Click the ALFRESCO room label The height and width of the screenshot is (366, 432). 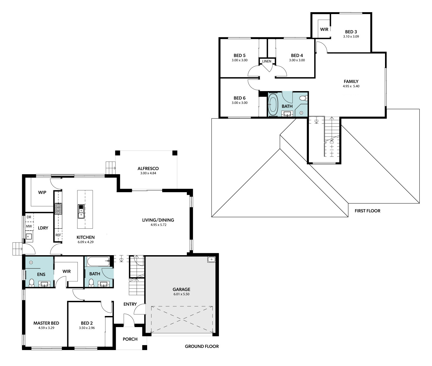(148, 168)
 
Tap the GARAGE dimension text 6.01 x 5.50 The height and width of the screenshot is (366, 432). (181, 294)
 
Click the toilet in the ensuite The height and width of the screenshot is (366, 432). (32, 282)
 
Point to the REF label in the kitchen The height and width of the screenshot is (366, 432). (58, 235)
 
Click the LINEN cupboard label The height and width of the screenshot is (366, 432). (267, 61)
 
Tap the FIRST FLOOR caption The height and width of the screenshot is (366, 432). (367, 211)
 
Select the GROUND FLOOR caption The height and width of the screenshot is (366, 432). (202, 346)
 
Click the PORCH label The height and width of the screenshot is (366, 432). (130, 339)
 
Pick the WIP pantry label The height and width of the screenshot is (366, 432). (42, 192)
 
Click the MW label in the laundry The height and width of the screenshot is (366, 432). (29, 226)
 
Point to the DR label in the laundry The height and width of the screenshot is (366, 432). (29, 217)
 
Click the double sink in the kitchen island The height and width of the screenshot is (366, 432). (81, 212)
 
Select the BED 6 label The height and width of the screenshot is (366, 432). (239, 98)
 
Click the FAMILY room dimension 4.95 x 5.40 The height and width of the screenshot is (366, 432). (351, 86)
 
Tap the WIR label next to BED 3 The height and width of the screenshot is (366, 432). (324, 29)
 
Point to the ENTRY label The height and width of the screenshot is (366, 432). (130, 304)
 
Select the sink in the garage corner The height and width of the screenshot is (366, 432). (211, 259)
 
